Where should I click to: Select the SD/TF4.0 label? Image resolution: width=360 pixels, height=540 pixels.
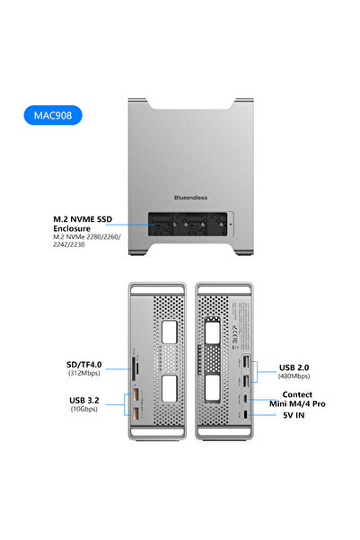(x=83, y=365)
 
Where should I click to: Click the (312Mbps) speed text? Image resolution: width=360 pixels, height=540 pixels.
(x=83, y=374)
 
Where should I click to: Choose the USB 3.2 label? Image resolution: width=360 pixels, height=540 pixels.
(x=85, y=401)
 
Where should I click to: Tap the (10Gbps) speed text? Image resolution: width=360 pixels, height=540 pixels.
(x=84, y=410)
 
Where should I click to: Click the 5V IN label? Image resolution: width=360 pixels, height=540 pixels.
(x=296, y=416)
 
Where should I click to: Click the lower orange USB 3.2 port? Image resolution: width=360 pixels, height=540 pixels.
(x=137, y=412)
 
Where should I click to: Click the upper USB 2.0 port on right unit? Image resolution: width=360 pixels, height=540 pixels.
(x=245, y=362)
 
